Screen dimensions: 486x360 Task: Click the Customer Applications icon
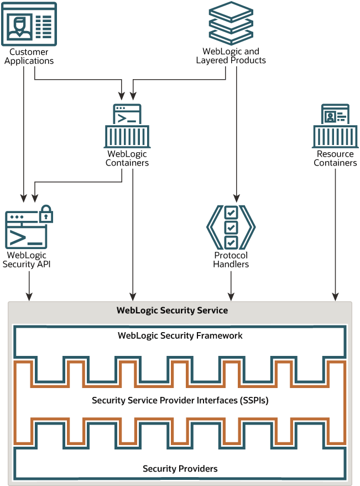(x=29, y=24)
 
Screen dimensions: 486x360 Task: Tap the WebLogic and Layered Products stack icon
(x=231, y=24)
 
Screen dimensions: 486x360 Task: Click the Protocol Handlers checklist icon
(x=231, y=226)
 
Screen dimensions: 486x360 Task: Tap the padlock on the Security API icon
(x=46, y=214)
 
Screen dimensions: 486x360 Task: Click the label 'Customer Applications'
(x=29, y=56)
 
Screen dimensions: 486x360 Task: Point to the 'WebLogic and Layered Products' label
(x=231, y=56)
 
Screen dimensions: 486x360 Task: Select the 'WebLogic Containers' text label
(x=127, y=159)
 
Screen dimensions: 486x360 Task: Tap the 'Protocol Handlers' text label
(x=231, y=260)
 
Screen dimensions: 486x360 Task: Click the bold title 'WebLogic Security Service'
(x=172, y=310)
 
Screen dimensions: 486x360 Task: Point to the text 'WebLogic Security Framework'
(x=180, y=335)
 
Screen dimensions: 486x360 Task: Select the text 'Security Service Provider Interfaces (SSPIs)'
(x=180, y=400)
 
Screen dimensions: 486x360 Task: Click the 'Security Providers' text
(x=180, y=469)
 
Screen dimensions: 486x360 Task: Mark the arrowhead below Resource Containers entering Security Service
(x=334, y=297)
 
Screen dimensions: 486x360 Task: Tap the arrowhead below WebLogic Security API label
(x=29, y=297)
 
